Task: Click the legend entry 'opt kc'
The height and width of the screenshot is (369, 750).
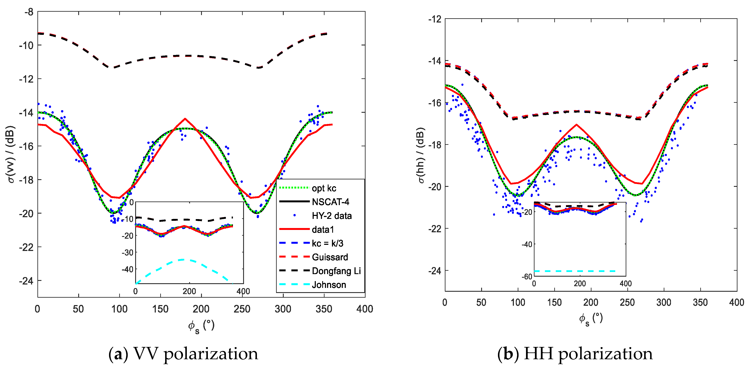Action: click(324, 188)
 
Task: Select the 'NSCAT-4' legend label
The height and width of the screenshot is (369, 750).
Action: click(330, 202)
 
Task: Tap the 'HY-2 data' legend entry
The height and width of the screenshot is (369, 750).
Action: click(332, 216)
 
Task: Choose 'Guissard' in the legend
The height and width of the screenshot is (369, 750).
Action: click(330, 257)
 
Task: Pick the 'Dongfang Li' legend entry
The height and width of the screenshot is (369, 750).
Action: click(336, 271)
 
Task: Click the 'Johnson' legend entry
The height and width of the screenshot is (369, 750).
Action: click(329, 285)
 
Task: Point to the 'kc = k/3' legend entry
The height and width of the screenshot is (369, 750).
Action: click(327, 243)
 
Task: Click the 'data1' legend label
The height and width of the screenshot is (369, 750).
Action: click(323, 230)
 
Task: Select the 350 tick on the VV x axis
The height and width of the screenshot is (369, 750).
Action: click(324, 309)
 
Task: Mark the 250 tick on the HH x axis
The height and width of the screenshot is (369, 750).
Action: click(627, 302)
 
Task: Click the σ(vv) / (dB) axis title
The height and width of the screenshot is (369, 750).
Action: click(11, 154)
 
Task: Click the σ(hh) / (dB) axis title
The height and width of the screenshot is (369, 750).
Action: click(421, 156)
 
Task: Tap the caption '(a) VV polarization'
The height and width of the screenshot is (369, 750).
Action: click(183, 354)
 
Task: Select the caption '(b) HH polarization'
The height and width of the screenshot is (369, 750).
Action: click(575, 354)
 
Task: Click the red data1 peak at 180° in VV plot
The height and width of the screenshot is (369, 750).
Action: click(185, 119)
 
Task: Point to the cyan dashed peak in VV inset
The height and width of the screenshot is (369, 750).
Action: click(183, 259)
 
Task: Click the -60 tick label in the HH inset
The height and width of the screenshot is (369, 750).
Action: click(527, 276)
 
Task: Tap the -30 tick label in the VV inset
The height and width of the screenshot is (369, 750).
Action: click(128, 252)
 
